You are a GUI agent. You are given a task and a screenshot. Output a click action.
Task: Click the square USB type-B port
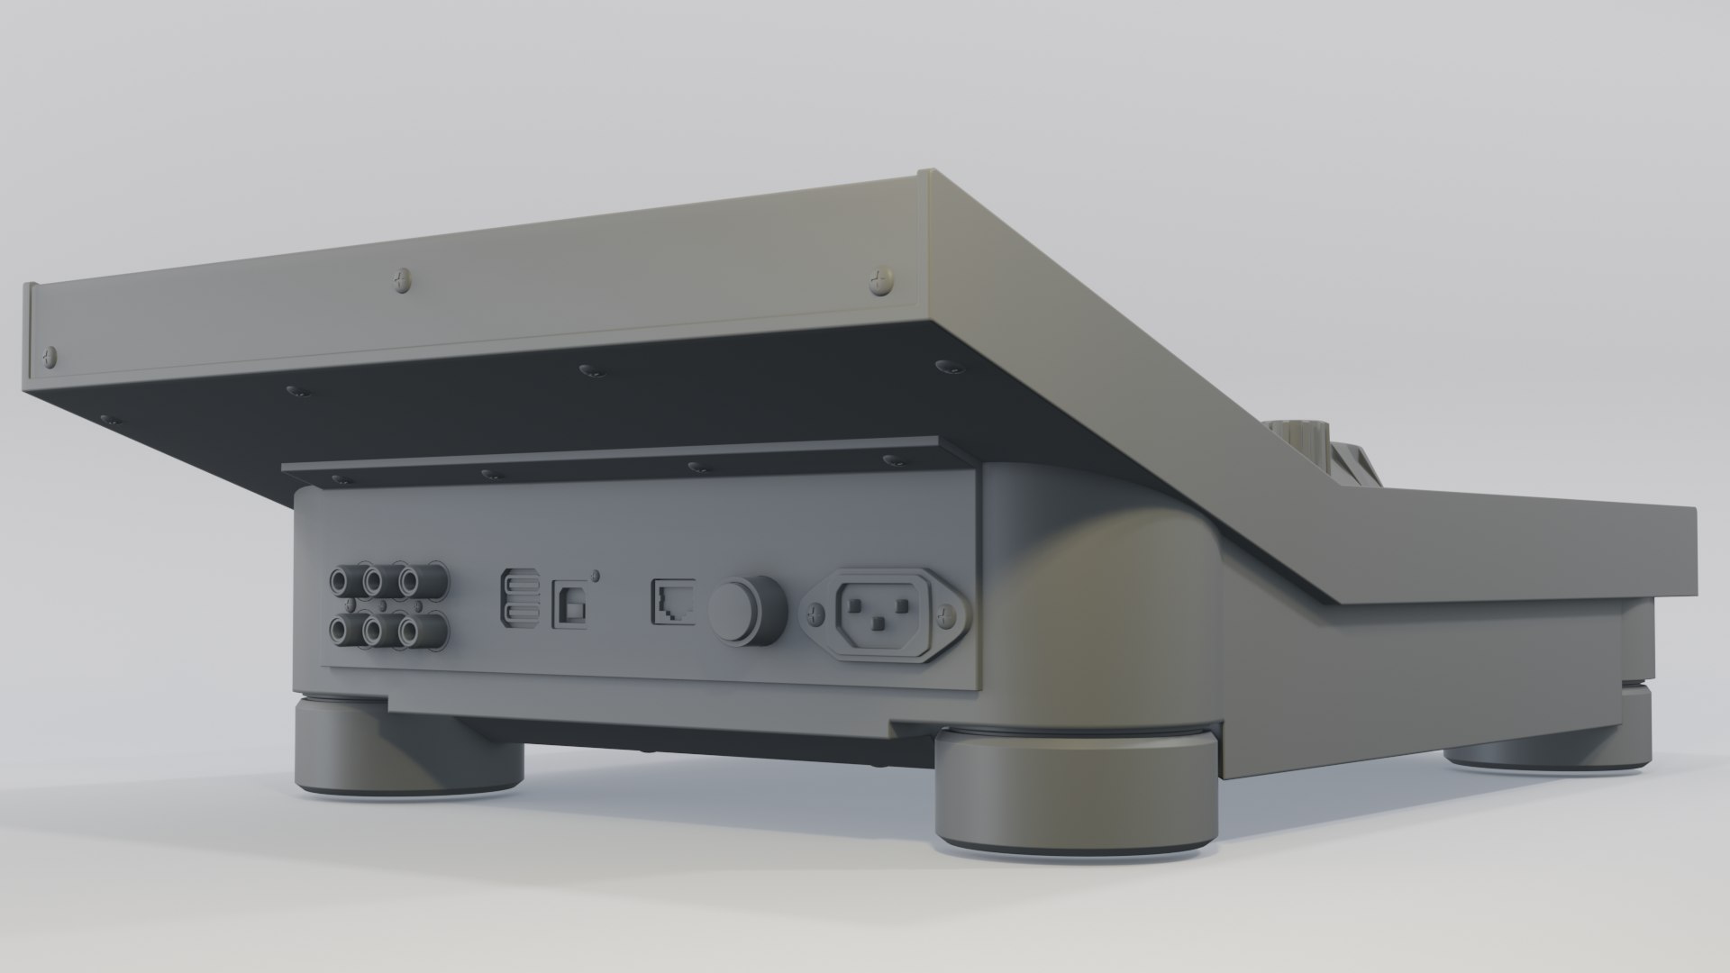[569, 601]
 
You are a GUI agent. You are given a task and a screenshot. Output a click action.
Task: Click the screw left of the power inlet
[816, 615]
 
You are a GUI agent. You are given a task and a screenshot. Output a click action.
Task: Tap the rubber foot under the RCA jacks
[410, 744]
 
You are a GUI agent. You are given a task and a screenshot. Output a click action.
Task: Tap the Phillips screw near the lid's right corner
[879, 284]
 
